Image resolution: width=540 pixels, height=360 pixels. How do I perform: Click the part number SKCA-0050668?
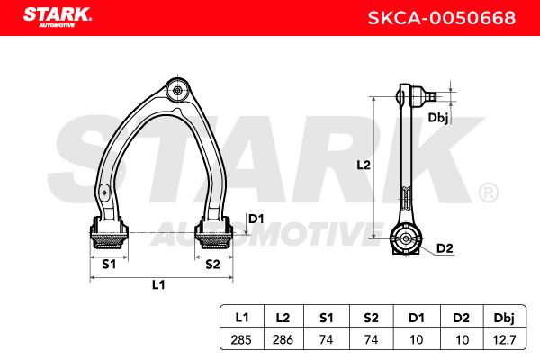442,18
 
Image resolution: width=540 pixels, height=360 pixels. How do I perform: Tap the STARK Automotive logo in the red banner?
58,17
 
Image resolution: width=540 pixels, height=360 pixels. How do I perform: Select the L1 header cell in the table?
242,318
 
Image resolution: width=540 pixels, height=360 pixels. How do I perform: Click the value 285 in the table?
241,340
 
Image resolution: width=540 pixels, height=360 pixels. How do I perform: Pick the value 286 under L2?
283,340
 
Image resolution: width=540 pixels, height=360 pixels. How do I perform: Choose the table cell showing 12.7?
504,340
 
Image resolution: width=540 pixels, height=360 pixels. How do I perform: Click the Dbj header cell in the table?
504,318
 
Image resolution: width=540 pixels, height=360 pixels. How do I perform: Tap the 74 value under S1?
326,340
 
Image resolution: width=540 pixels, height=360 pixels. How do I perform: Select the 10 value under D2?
462,340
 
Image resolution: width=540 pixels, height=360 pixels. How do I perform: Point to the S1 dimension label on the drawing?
109,265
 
